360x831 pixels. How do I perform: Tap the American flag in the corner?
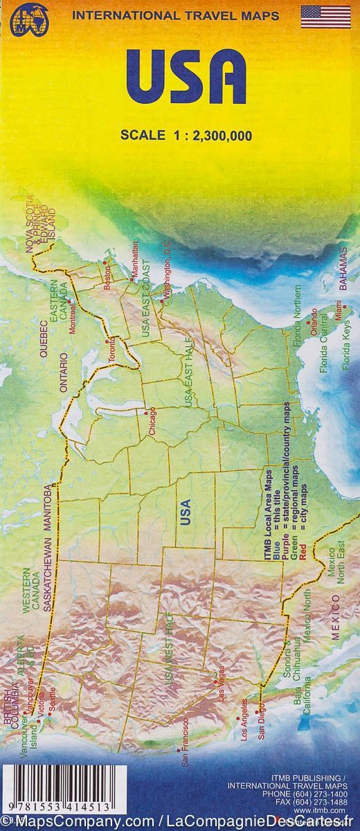click(x=325, y=17)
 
